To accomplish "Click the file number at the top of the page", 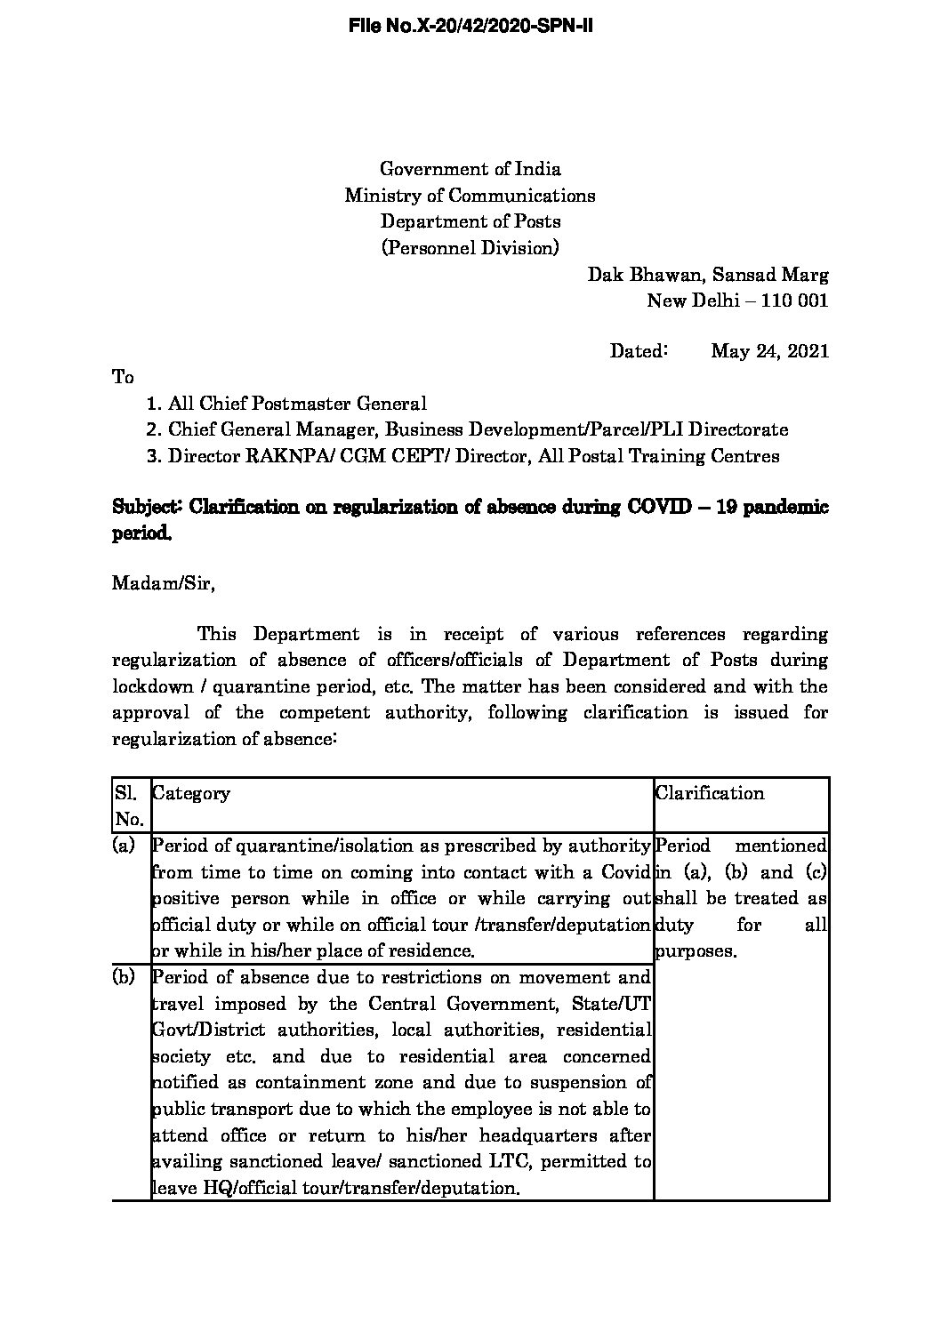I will point(471,27).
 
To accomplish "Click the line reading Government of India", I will point(471,169).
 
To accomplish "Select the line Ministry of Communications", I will point(471,195).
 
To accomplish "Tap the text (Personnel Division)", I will point(471,247).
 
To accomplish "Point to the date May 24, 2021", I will point(769,351).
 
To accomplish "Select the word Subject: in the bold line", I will point(148,508).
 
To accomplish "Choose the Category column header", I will point(191,793).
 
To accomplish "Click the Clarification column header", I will point(710,793).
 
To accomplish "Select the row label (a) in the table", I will point(124,846).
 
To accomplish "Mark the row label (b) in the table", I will point(124,977).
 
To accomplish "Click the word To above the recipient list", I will point(123,377).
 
